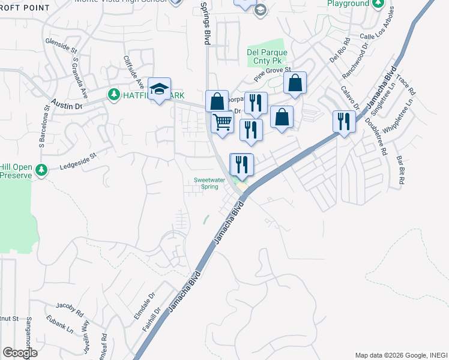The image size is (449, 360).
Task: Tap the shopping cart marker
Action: coord(223,123)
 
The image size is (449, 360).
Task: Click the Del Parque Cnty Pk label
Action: coord(267,56)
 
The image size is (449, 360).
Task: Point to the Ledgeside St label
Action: coord(77,161)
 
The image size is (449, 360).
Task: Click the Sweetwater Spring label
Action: coord(214,183)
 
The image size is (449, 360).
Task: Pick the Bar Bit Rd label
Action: coord(401,170)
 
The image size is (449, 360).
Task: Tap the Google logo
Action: coord(20,353)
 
